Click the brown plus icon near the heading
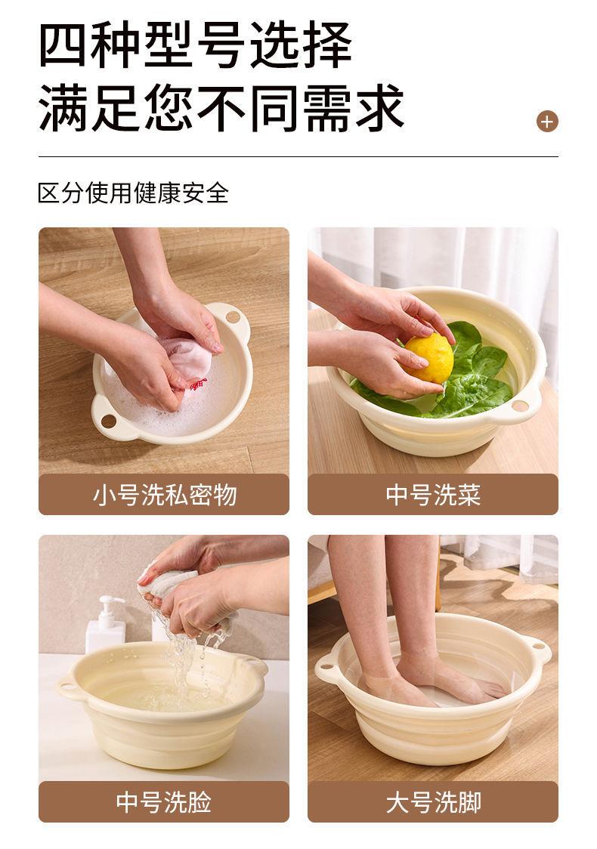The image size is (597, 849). pos(547,121)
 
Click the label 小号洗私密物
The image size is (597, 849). pos(164,495)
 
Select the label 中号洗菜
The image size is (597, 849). pos(433,495)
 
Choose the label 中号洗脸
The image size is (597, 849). pos(164,802)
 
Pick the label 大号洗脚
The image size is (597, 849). pos(433,802)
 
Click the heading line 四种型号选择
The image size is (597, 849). pos(195,47)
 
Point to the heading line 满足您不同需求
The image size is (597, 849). pos(221,108)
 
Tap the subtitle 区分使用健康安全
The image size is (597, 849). pos(133,193)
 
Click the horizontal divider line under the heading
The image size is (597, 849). pos(298,157)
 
